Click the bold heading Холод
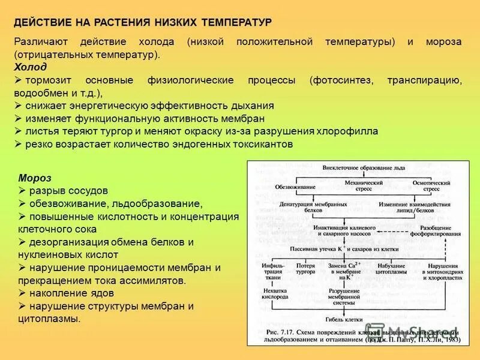click(x=30, y=67)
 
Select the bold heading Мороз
click(x=35, y=178)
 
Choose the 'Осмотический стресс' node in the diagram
click(x=431, y=185)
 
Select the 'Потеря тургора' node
click(x=306, y=268)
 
